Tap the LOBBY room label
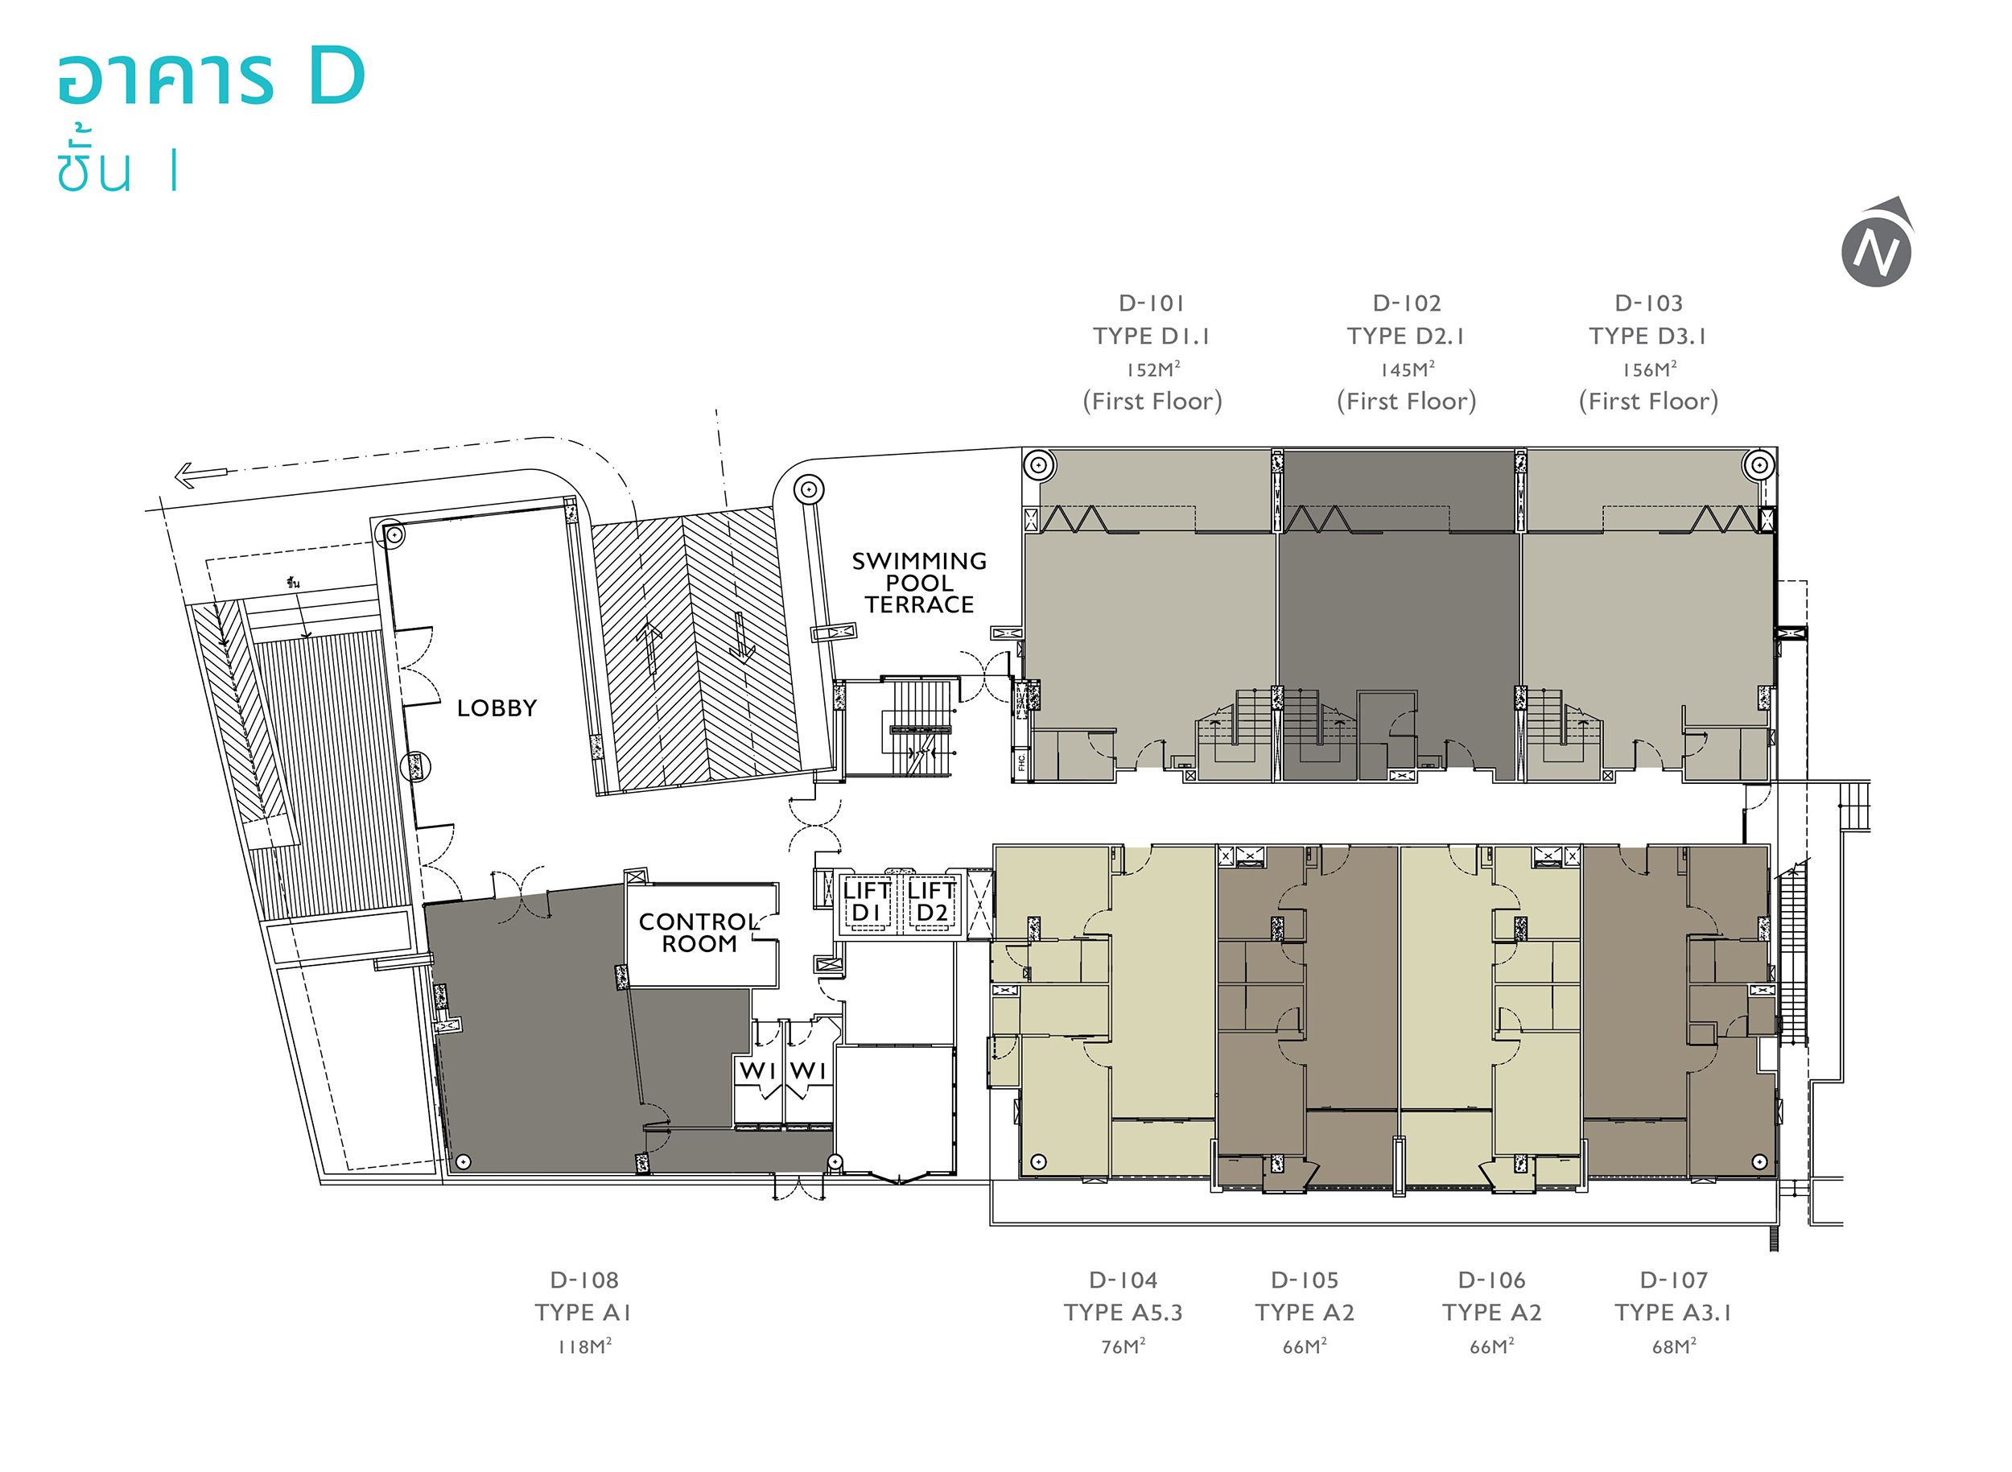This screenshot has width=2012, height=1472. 497,708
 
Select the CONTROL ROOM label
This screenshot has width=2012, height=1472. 699,933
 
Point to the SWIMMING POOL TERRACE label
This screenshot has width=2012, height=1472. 918,583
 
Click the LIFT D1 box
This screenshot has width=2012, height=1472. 866,901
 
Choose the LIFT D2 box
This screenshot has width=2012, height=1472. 931,901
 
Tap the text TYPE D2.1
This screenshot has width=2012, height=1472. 1406,336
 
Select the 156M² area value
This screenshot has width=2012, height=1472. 1648,369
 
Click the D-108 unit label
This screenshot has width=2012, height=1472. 583,1280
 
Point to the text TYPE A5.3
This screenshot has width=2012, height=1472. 1123,1313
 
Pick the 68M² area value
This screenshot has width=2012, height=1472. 1673,1346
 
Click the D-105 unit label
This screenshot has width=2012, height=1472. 1305,1280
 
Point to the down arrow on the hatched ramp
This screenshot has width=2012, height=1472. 741,638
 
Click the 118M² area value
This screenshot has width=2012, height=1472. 583,1346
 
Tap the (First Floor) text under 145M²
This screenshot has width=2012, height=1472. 1406,402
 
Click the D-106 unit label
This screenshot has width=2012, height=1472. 1491,1280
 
